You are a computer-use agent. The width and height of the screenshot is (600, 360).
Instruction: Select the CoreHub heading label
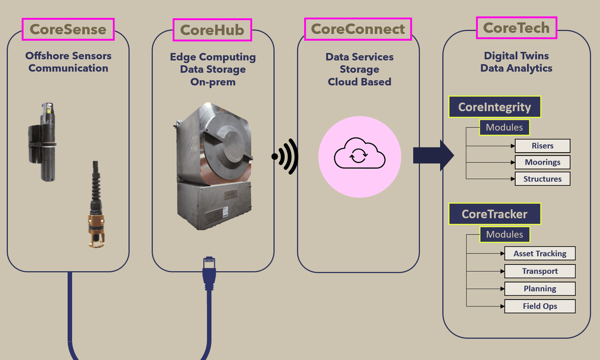pos(212,30)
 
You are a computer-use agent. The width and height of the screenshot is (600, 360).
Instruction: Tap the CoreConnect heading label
pos(358,29)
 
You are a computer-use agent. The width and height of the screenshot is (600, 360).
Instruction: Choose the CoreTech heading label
pos(516,28)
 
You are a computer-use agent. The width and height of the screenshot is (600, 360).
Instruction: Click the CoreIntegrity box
pos(495,107)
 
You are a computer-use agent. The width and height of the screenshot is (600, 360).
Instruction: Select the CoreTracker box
pos(495,213)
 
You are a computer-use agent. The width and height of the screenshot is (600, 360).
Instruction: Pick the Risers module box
pos(543,146)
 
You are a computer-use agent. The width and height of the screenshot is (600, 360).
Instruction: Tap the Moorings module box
pos(543,162)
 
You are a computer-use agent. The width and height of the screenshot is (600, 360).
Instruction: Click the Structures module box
pos(543,179)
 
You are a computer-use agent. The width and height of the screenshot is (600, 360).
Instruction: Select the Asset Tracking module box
pos(540,253)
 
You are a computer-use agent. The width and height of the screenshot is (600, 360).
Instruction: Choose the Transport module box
pos(540,271)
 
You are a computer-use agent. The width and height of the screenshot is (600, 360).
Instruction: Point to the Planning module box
pos(540,288)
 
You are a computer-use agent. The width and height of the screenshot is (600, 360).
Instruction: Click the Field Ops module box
pos(540,306)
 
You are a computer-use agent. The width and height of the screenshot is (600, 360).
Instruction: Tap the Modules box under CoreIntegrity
pos(504,127)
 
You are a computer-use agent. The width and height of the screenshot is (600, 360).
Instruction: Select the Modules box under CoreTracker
pos(504,234)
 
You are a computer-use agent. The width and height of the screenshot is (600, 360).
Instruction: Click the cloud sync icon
pos(359,156)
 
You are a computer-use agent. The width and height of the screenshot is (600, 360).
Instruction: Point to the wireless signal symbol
pos(285,156)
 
